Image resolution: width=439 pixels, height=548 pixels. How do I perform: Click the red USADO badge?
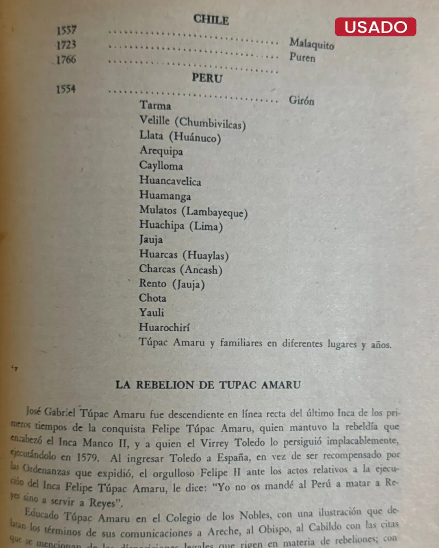pyautogui.click(x=375, y=27)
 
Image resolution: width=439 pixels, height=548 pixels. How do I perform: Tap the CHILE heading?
pyautogui.click(x=211, y=19)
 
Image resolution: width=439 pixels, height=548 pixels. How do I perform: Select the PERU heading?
pyautogui.click(x=207, y=78)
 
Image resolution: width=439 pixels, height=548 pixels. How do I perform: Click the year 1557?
pyautogui.click(x=66, y=30)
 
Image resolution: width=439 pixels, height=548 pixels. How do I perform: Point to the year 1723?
pyautogui.click(x=66, y=45)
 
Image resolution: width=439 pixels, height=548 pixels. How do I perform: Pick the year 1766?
pyautogui.click(x=66, y=60)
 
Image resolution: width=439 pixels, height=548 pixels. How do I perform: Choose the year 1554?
pyautogui.click(x=66, y=89)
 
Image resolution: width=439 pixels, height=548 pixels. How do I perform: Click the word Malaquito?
pyautogui.click(x=311, y=43)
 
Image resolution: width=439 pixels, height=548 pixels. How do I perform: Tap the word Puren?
pyautogui.click(x=302, y=57)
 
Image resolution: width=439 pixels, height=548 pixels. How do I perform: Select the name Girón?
pyautogui.click(x=301, y=100)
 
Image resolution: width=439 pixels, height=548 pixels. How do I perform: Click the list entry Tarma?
pyautogui.click(x=155, y=105)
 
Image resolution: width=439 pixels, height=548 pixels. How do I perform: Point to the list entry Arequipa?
pyautogui.click(x=161, y=151)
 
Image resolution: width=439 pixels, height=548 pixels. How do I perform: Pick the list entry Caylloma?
pyautogui.click(x=161, y=166)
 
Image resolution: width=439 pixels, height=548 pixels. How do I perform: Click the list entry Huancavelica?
pyautogui.click(x=170, y=180)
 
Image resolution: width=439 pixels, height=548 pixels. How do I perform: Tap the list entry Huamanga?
pyautogui.click(x=165, y=195)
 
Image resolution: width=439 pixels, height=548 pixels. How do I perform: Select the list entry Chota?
pyautogui.click(x=152, y=298)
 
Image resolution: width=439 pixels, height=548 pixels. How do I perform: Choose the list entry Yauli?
pyautogui.click(x=152, y=313)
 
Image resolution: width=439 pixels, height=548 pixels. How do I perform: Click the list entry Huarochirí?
pyautogui.click(x=164, y=327)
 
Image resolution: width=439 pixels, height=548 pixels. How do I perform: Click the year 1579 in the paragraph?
pyautogui.click(x=87, y=457)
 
